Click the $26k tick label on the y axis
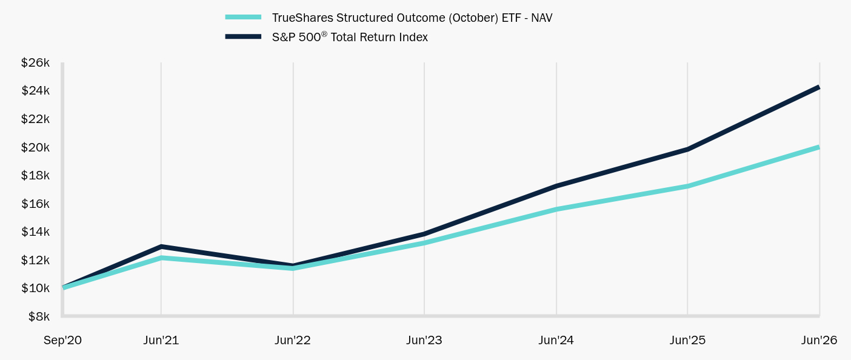pos(35,62)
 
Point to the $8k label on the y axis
pos(39,316)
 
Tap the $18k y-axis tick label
pos(35,175)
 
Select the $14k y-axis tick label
pos(35,232)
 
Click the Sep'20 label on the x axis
pos(62,340)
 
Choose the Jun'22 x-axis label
pos(293,340)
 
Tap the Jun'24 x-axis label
pos(556,340)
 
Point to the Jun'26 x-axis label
pos(819,340)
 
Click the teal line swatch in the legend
pos(243,17)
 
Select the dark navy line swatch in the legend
pos(243,37)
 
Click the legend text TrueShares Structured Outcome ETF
pos(412,18)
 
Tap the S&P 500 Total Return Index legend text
pos(350,37)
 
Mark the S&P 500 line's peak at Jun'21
pos(161,247)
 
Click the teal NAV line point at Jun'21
pos(161,258)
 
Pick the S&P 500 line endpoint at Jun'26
pos(819,88)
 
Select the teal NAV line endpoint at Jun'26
pos(819,147)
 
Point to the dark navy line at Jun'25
pos(687,149)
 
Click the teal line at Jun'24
pos(556,209)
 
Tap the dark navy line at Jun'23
pos(424,234)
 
